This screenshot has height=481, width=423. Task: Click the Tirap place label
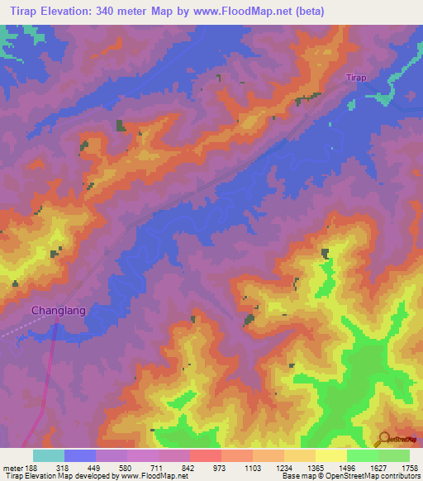point(355,78)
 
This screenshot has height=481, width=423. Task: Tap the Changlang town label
point(58,311)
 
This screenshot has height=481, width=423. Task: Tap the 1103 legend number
point(255,468)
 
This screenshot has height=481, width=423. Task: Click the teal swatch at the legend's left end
point(49,455)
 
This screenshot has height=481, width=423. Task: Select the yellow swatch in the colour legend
point(330,455)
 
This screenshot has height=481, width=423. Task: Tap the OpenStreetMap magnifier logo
point(385,439)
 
